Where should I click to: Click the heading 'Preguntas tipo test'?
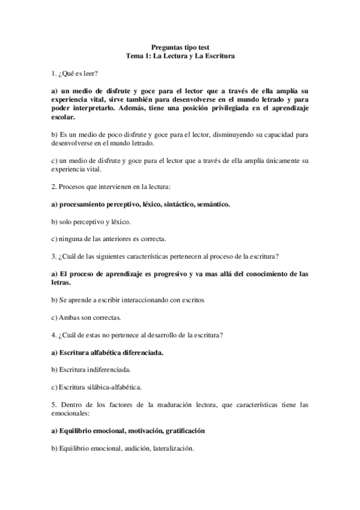click(x=180, y=47)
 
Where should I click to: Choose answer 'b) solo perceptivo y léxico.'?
click(x=88, y=222)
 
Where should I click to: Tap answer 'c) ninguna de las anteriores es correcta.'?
click(x=108, y=239)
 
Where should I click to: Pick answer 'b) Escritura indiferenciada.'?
click(x=91, y=369)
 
